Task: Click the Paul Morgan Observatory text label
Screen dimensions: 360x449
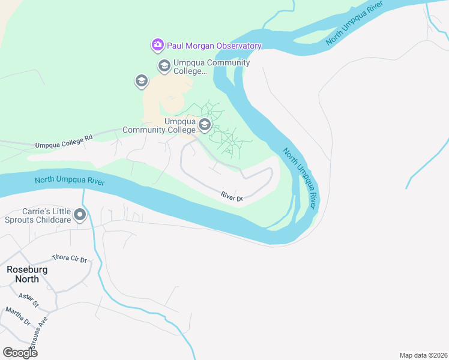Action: pos(214,46)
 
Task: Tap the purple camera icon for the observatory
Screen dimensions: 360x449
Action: pos(157,45)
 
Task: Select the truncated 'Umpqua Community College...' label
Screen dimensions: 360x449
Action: pos(211,67)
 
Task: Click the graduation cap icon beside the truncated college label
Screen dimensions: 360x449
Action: pos(164,65)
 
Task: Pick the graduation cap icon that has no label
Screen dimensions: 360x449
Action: pos(142,81)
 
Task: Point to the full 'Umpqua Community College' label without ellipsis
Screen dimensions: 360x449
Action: pos(159,125)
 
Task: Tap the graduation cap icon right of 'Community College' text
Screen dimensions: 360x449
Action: pos(205,125)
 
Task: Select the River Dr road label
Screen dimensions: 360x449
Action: pos(231,197)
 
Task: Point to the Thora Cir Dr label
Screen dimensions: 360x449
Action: pos(70,258)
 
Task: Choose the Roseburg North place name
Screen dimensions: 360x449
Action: pos(27,274)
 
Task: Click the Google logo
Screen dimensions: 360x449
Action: pos(19,353)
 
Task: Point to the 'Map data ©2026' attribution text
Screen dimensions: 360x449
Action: pos(423,355)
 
